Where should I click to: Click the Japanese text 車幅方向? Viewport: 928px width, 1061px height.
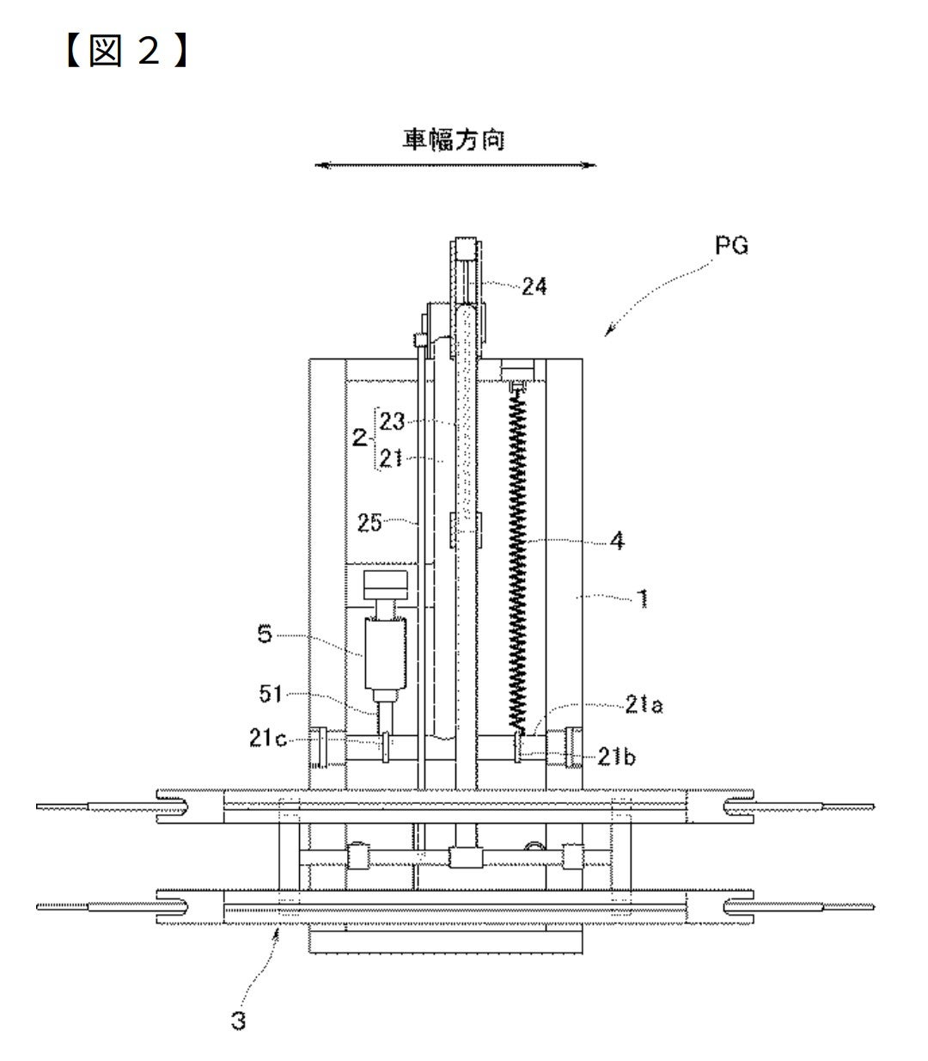[454, 139]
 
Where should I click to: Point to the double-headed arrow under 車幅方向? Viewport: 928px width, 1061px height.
[455, 165]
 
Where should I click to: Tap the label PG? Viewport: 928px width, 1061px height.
[731, 245]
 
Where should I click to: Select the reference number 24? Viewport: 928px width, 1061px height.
[534, 286]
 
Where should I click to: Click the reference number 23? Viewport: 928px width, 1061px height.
[392, 421]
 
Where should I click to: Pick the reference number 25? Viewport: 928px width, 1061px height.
[370, 523]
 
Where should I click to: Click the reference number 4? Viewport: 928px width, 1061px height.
[617, 541]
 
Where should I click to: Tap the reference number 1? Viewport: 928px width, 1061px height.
[643, 598]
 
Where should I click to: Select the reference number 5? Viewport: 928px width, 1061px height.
[265, 634]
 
